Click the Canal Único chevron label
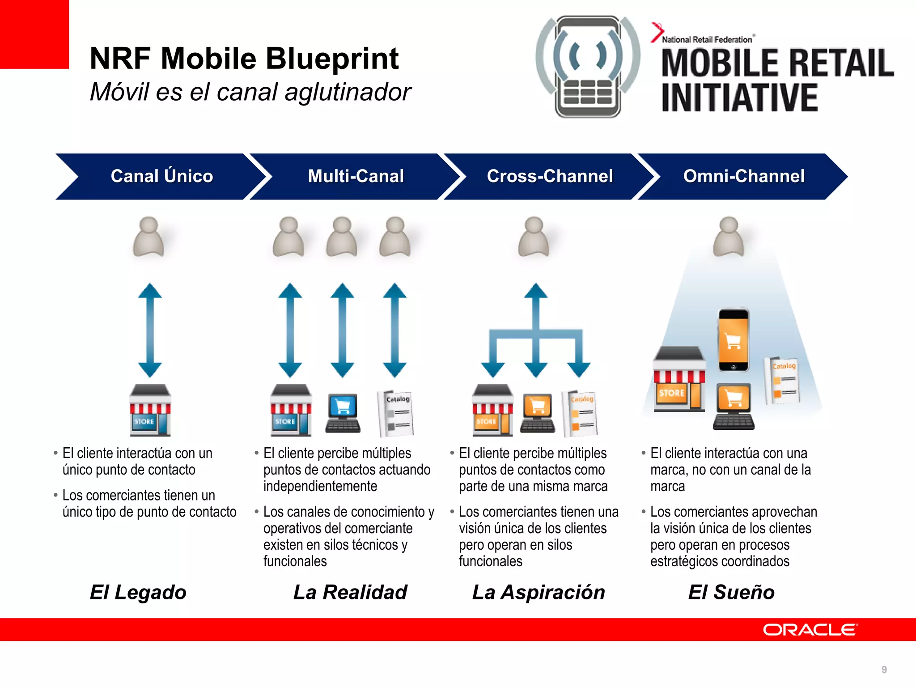tap(161, 176)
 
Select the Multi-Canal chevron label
tap(356, 176)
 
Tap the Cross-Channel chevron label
tap(550, 176)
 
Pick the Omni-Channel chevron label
tap(744, 176)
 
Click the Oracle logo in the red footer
tap(810, 630)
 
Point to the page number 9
tap(884, 670)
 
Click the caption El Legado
tap(138, 592)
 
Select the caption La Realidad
tap(350, 592)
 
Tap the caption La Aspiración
tap(539, 592)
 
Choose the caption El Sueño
tap(731, 592)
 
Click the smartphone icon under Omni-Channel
tap(734, 340)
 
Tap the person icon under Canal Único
tap(148, 237)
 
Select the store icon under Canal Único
tap(150, 410)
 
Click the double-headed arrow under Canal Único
tap(150, 330)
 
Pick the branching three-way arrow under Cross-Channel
tap(536, 333)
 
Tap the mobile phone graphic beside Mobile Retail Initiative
tap(588, 67)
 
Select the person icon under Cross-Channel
tap(534, 237)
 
